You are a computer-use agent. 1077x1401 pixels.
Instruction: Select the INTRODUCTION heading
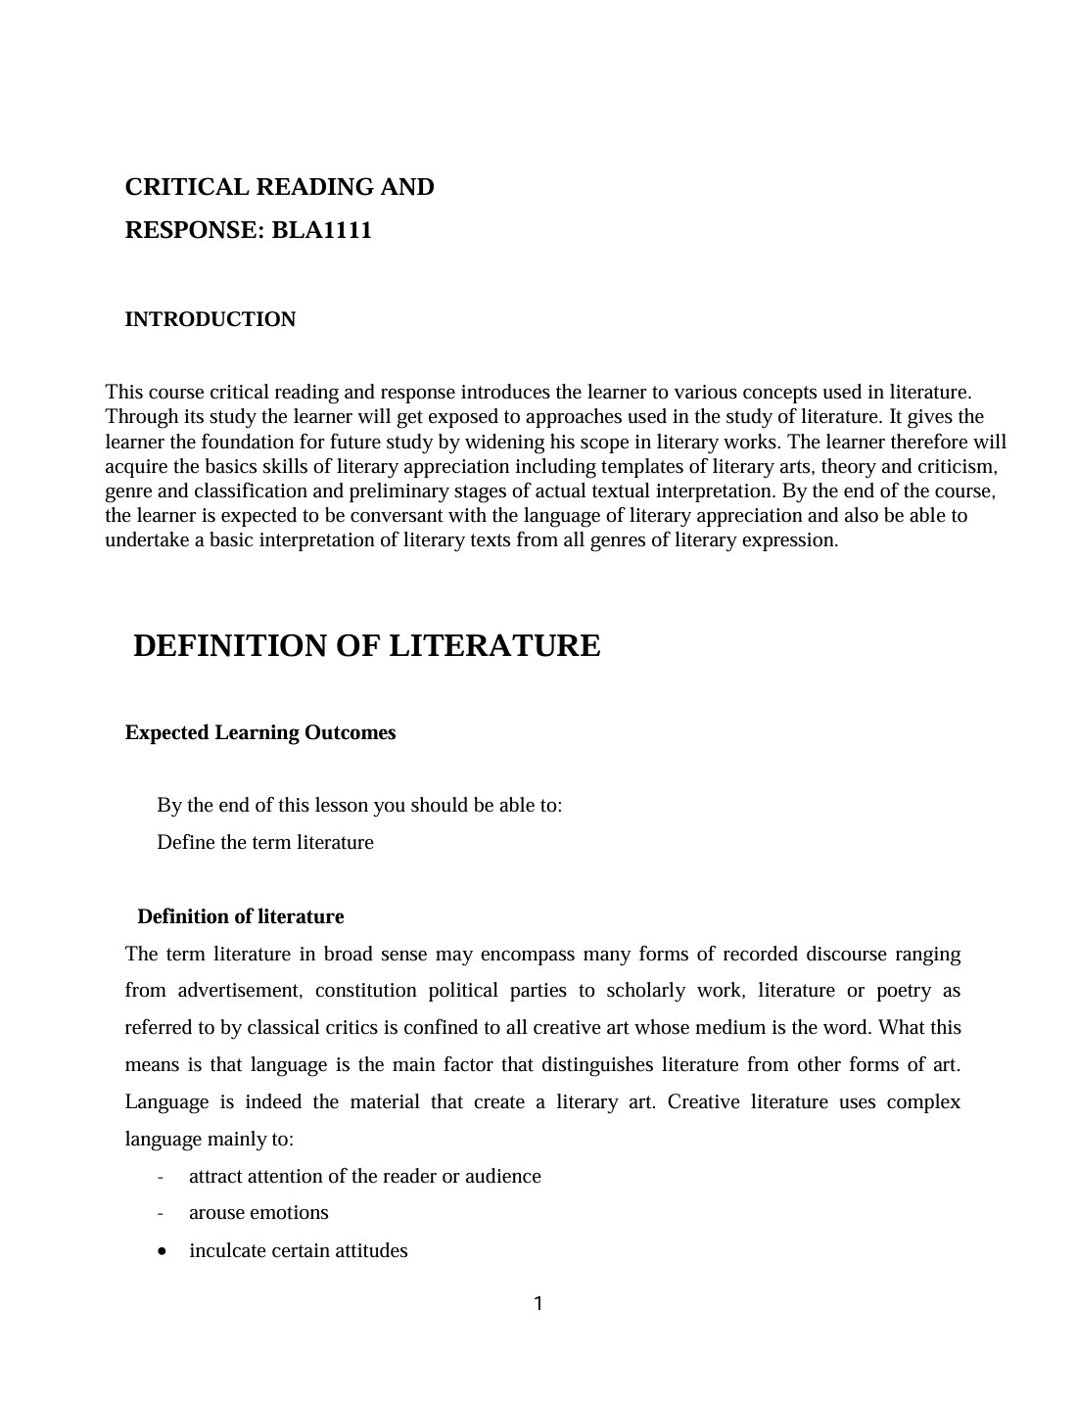(211, 320)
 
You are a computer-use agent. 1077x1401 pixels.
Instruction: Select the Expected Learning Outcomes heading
(260, 733)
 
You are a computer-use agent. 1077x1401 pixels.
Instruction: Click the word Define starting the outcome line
(186, 843)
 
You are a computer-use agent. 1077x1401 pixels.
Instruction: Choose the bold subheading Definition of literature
(241, 917)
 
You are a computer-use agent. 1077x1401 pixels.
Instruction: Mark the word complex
(923, 1102)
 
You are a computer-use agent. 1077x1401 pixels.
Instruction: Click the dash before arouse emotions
(161, 1214)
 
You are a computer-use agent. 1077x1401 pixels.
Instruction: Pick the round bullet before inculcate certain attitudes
(162, 1251)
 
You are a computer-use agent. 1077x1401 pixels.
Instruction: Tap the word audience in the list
(503, 1177)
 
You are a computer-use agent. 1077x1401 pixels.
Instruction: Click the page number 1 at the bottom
(538, 1304)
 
